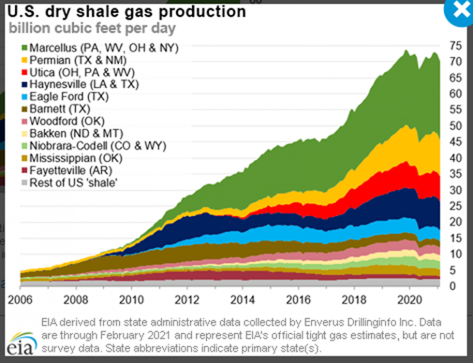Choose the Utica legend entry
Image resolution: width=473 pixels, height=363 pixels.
point(79,71)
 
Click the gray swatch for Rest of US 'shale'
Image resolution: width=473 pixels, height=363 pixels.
point(24,182)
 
